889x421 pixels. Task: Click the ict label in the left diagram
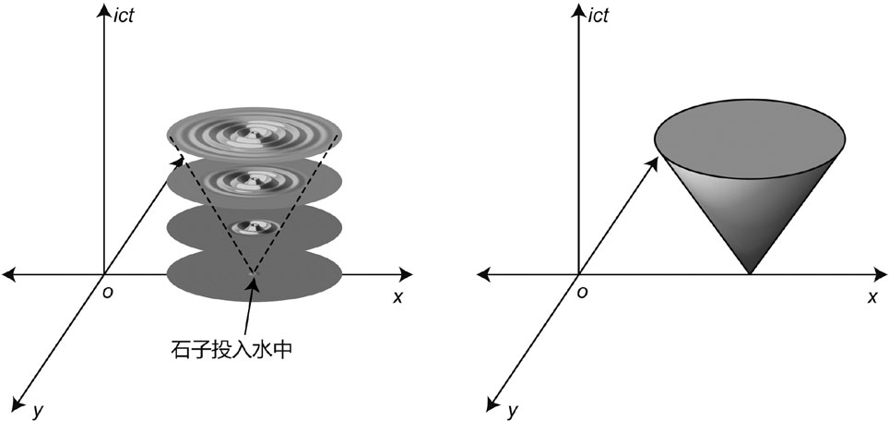pyautogui.click(x=124, y=16)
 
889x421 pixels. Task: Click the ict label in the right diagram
pyautogui.click(x=598, y=16)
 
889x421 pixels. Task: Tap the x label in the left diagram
pyautogui.click(x=397, y=296)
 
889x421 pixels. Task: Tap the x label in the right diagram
pyautogui.click(x=872, y=296)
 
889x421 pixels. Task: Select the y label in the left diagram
pyautogui.click(x=38, y=410)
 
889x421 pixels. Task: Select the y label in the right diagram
pyautogui.click(x=513, y=410)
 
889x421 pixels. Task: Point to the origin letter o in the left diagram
pyautogui.click(x=107, y=294)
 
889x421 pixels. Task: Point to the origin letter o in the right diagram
pyautogui.click(x=582, y=294)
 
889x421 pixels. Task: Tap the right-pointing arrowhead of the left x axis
pyautogui.click(x=406, y=275)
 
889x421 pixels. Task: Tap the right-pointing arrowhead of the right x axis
pyautogui.click(x=881, y=275)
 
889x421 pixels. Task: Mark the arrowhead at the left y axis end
pyautogui.click(x=17, y=403)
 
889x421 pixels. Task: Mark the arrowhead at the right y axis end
pyautogui.click(x=492, y=403)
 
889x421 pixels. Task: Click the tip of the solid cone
pyautogui.click(x=750, y=274)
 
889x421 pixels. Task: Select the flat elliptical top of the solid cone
pyautogui.click(x=750, y=139)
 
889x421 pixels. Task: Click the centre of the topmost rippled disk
pyautogui.click(x=255, y=136)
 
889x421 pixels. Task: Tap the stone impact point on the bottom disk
pyautogui.click(x=253, y=274)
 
